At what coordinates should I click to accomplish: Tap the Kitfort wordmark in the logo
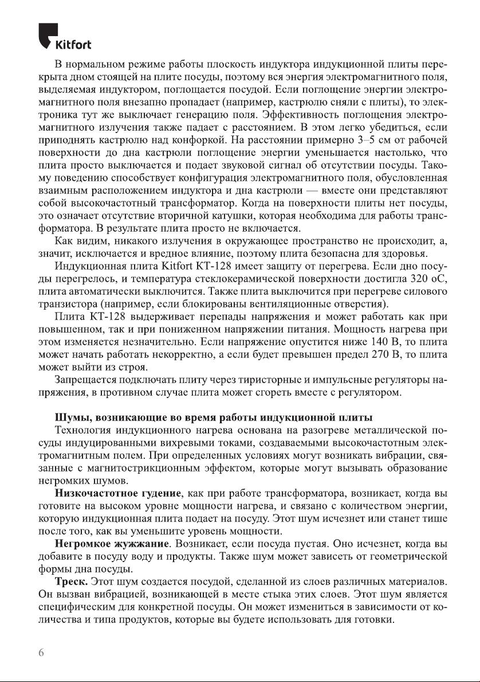point(73,45)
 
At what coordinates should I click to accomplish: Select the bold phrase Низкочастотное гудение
point(119,492)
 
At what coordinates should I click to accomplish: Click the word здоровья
point(406,254)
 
